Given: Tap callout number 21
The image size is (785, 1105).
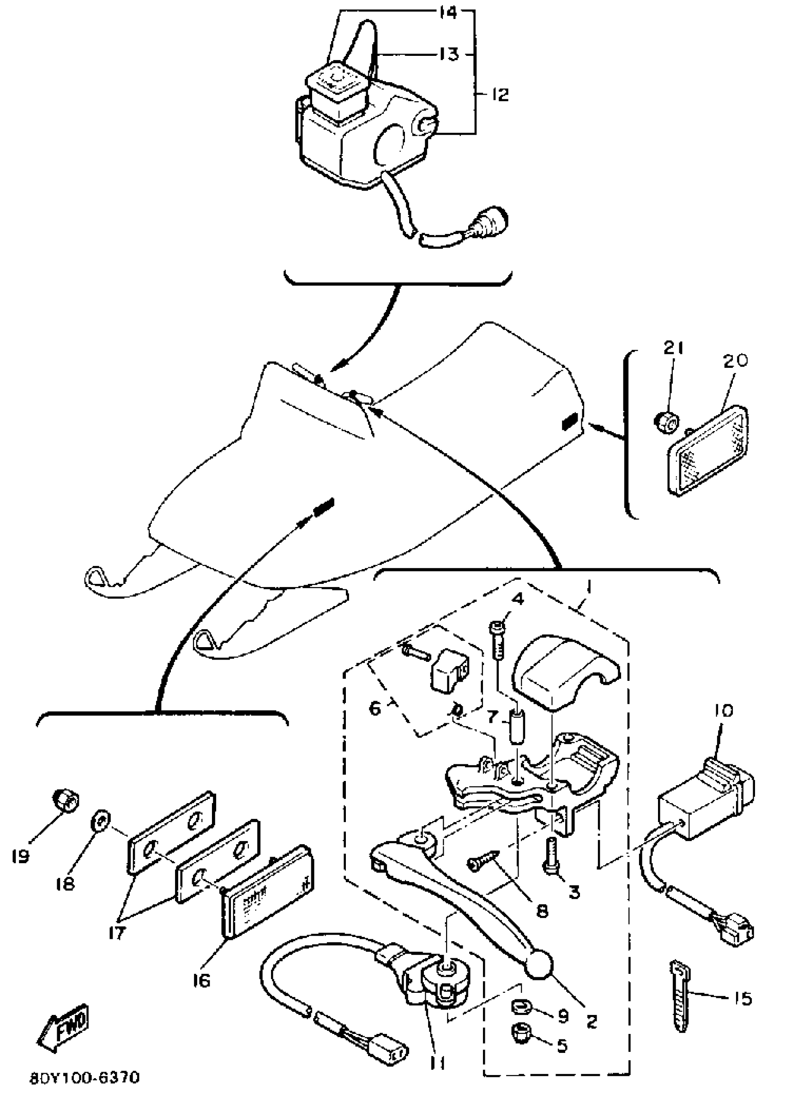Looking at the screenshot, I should coord(673,349).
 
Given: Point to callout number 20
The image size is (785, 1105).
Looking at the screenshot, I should coord(736,360).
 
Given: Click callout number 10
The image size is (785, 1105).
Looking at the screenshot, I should coord(723,710).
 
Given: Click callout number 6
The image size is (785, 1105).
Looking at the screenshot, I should coord(375,709).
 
